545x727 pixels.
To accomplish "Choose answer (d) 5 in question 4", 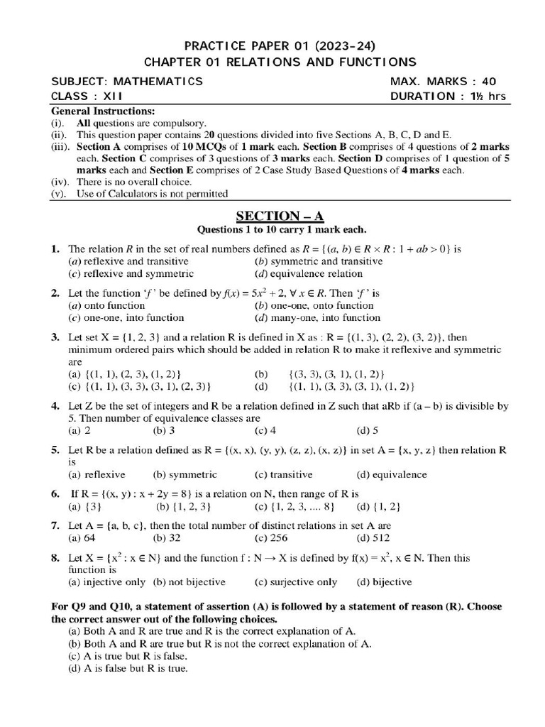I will [368, 430].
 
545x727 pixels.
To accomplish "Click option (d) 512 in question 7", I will [369, 537].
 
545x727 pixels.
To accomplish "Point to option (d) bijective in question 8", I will [384, 581].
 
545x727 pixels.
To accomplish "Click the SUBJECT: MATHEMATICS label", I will [127, 81].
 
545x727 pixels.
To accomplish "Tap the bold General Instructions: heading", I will [102, 111].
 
